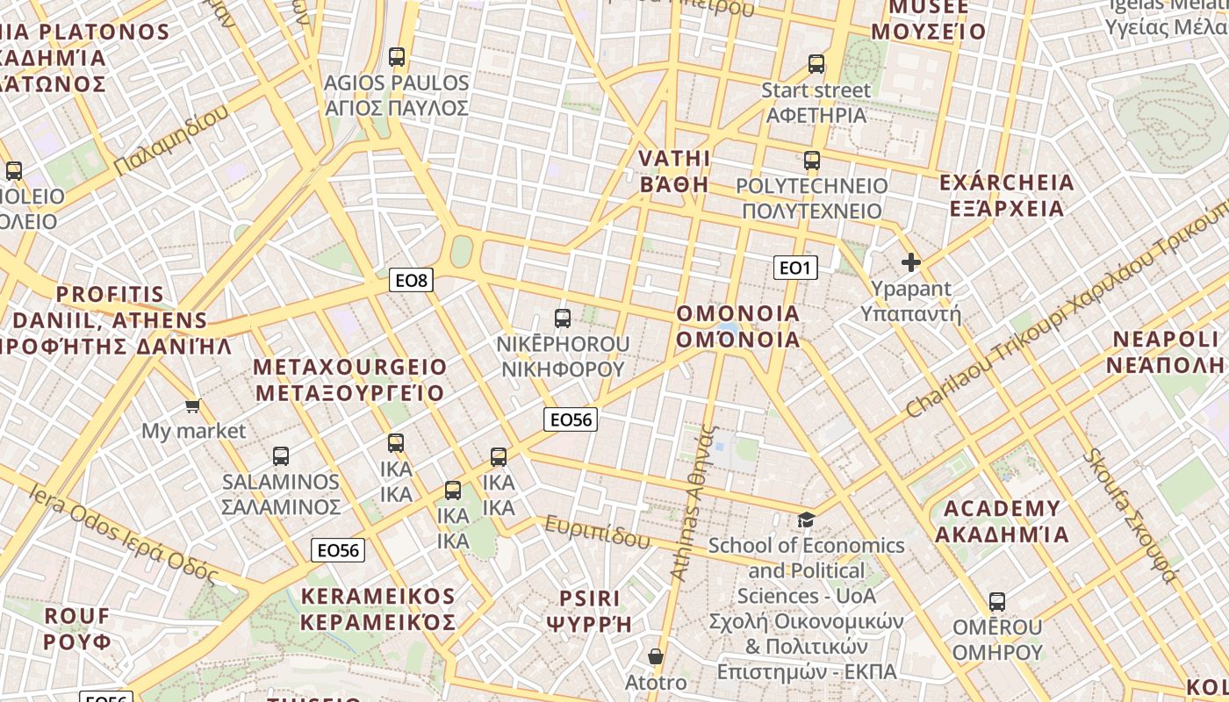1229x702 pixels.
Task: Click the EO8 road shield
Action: [411, 281]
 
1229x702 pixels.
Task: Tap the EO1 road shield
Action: [794, 268]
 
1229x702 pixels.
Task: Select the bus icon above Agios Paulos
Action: [397, 57]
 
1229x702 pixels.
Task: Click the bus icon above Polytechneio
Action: [812, 161]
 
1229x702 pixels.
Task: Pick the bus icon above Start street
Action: [816, 64]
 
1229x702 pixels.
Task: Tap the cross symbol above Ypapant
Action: [911, 261]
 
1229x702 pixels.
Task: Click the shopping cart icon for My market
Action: [193, 405]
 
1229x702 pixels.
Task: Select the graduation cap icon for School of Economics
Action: [806, 519]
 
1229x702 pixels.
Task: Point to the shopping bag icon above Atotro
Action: [656, 656]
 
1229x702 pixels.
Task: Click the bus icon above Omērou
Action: [997, 602]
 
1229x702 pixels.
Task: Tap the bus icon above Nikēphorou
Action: [563, 318]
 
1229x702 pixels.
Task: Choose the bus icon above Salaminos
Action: [281, 456]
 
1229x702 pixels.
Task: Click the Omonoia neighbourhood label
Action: [738, 326]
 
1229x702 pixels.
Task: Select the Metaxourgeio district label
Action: [350, 379]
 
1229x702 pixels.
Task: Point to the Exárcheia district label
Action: [1006, 195]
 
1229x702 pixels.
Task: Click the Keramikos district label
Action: [378, 609]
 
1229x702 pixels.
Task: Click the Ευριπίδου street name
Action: [598, 532]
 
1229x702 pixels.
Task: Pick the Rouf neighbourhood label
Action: [77, 628]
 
